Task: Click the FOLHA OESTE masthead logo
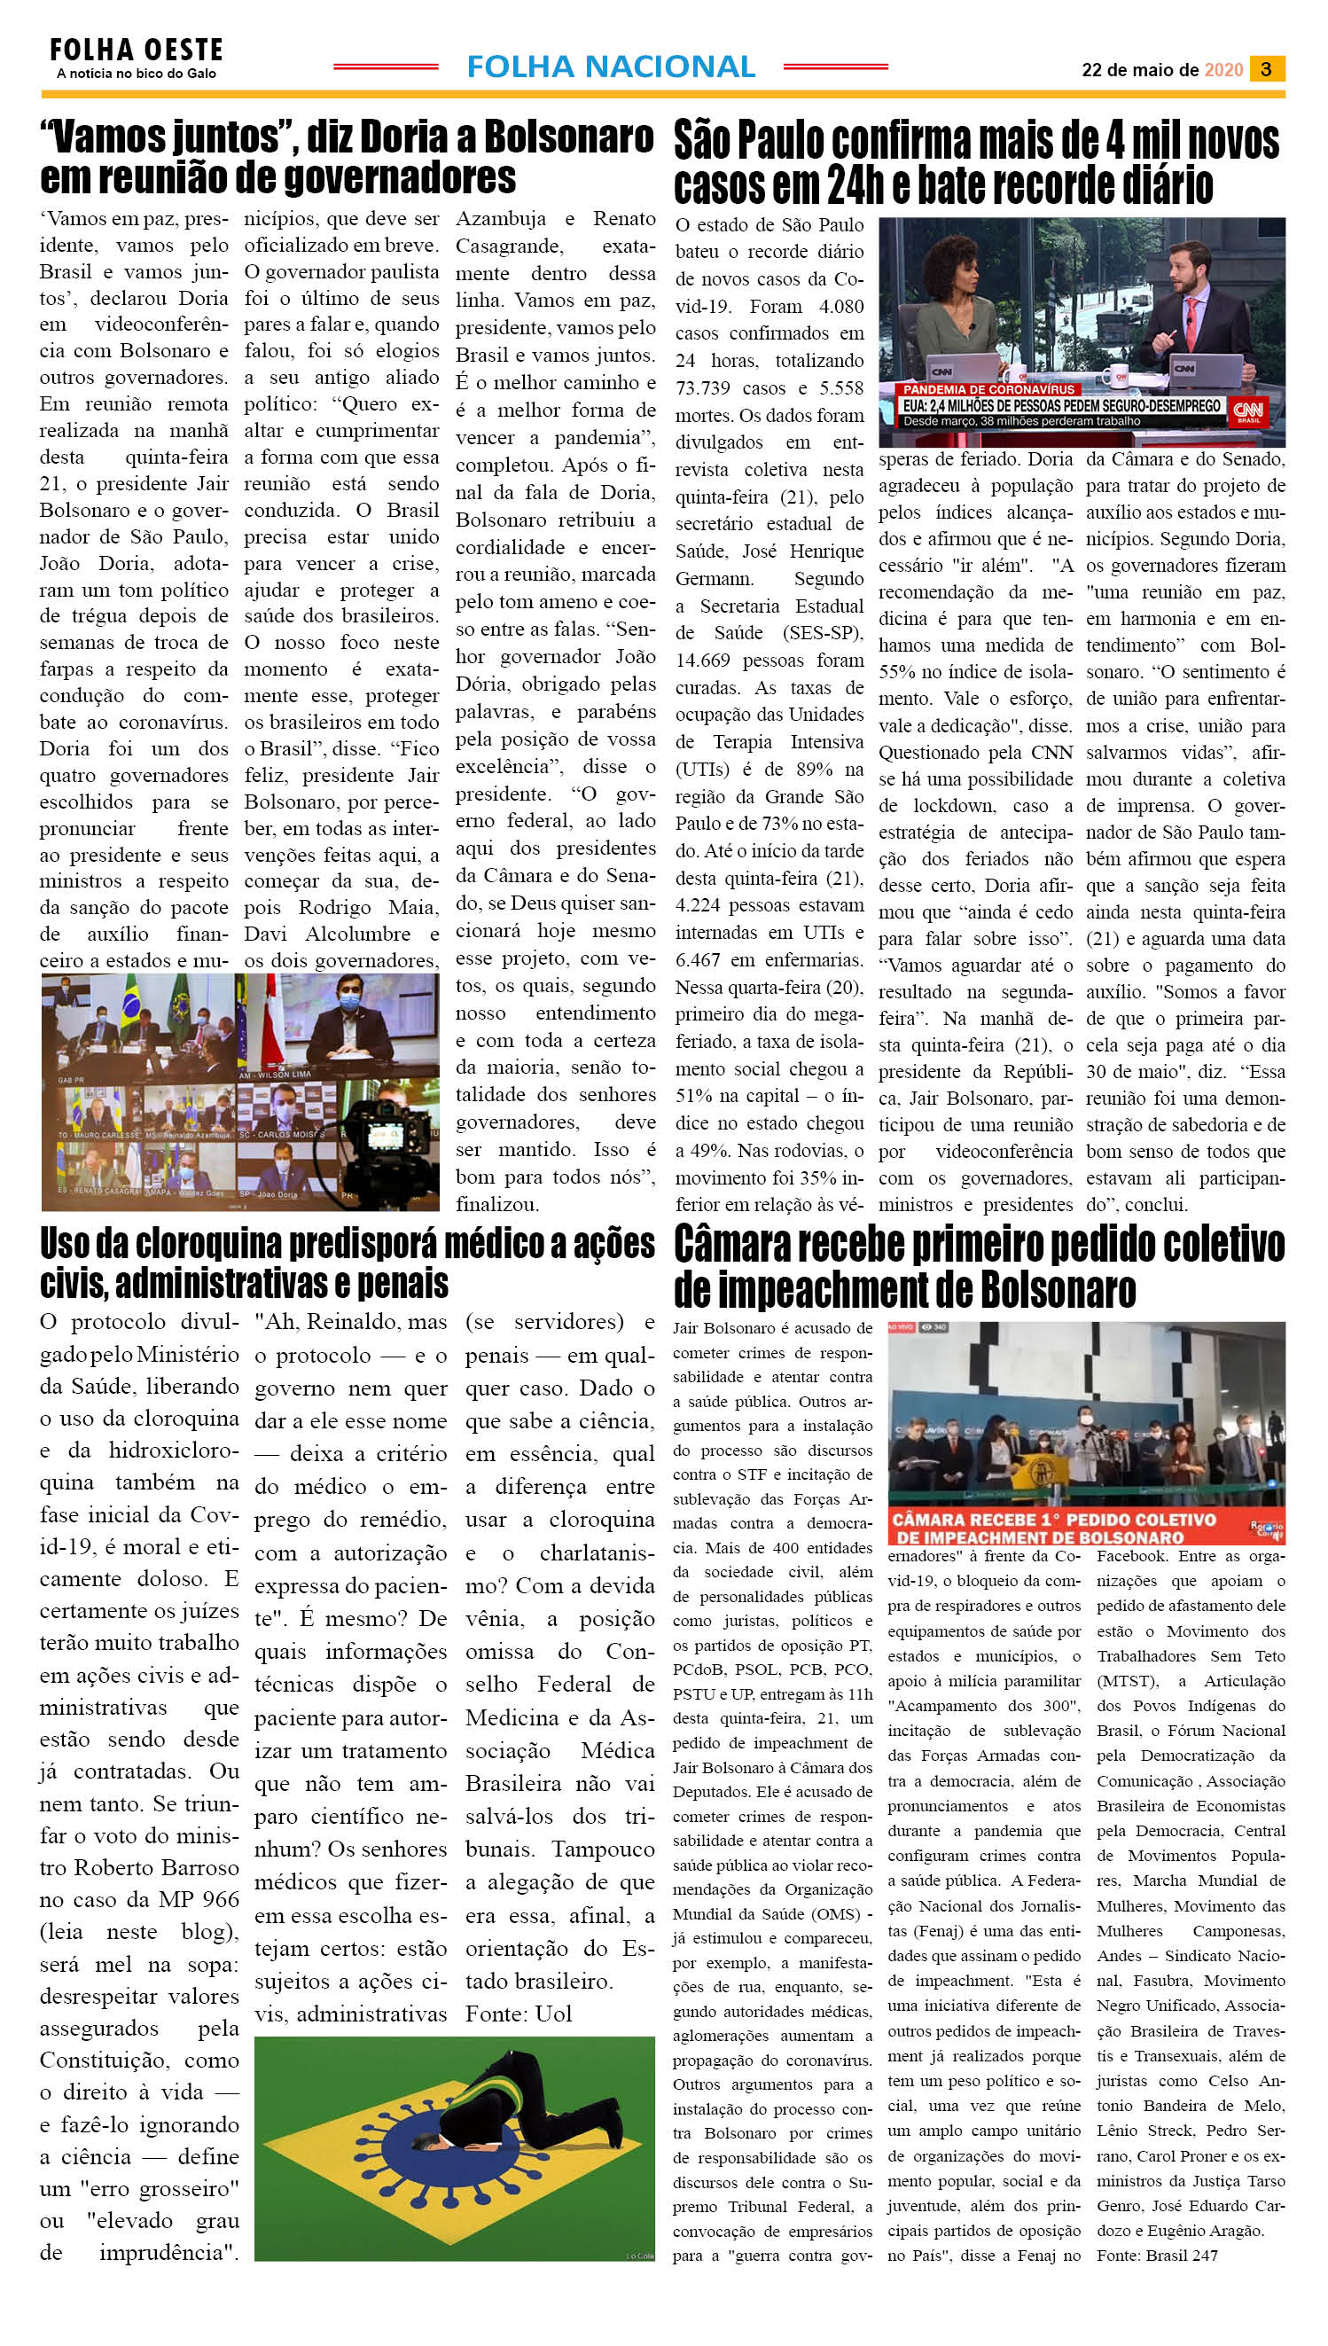pyautogui.click(x=136, y=50)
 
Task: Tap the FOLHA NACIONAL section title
pyautogui.click(x=610, y=66)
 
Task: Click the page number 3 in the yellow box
pyautogui.click(x=1265, y=69)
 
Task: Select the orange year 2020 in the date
pyautogui.click(x=1223, y=70)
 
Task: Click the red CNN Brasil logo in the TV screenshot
pyautogui.click(x=1246, y=411)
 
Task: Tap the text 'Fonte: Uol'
pyautogui.click(x=518, y=2013)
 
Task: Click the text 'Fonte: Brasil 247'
pyautogui.click(x=1157, y=2255)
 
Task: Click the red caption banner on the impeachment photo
pyautogui.click(x=1067, y=1528)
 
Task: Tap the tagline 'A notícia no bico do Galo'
pyautogui.click(x=136, y=74)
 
